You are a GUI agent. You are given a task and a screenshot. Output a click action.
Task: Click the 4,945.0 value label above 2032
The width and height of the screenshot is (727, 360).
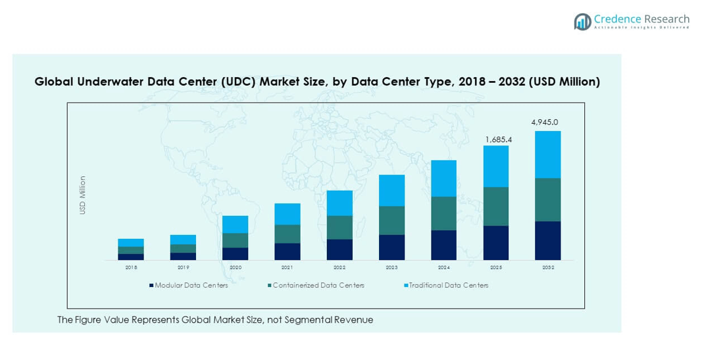click(547, 122)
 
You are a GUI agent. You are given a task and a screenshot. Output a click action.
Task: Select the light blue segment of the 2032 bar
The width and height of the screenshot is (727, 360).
click(547, 155)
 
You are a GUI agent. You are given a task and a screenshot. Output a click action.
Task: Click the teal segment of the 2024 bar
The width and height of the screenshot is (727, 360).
click(443, 213)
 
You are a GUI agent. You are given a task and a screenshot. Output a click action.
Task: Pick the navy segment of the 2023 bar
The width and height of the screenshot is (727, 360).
click(391, 247)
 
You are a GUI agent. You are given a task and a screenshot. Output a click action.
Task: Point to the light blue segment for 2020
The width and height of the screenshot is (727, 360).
click(235, 224)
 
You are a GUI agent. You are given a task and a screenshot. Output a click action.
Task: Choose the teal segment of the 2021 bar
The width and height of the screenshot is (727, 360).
click(287, 234)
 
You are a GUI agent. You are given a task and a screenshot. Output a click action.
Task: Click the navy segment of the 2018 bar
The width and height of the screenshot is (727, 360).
click(131, 257)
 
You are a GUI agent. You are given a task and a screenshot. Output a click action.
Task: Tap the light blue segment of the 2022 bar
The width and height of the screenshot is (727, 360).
click(339, 203)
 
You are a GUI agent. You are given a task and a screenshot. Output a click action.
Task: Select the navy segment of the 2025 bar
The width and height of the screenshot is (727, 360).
click(495, 243)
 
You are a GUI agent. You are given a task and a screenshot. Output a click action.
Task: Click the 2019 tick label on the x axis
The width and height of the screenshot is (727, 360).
click(183, 268)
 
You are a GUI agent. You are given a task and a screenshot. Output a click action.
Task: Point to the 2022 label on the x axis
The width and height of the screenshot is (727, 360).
click(339, 268)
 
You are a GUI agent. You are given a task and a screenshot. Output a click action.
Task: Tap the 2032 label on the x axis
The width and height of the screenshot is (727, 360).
click(547, 268)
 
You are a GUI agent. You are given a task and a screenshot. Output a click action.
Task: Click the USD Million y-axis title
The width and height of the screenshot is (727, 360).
click(83, 195)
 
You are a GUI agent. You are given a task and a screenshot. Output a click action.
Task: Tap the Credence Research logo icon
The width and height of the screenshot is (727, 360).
click(582, 22)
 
